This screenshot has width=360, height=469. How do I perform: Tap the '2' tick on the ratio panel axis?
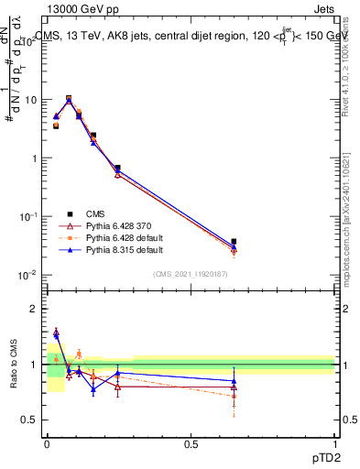pyautogui.click(x=35, y=309)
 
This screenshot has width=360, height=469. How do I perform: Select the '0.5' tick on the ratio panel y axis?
pyautogui.click(x=30, y=420)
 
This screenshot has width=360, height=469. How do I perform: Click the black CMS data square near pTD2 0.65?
pyautogui.click(x=234, y=242)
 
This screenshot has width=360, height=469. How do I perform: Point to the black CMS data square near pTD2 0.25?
pyautogui.click(x=118, y=168)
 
